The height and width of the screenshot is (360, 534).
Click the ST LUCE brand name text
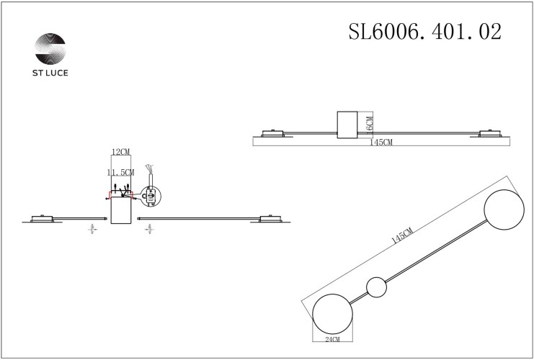tap(50, 73)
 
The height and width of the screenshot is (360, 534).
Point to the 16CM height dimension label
tap(370, 125)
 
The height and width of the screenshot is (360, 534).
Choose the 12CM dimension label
tap(120, 153)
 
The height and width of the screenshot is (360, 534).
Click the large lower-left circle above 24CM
tap(333, 315)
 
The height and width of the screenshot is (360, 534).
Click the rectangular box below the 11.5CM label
tap(120, 210)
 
